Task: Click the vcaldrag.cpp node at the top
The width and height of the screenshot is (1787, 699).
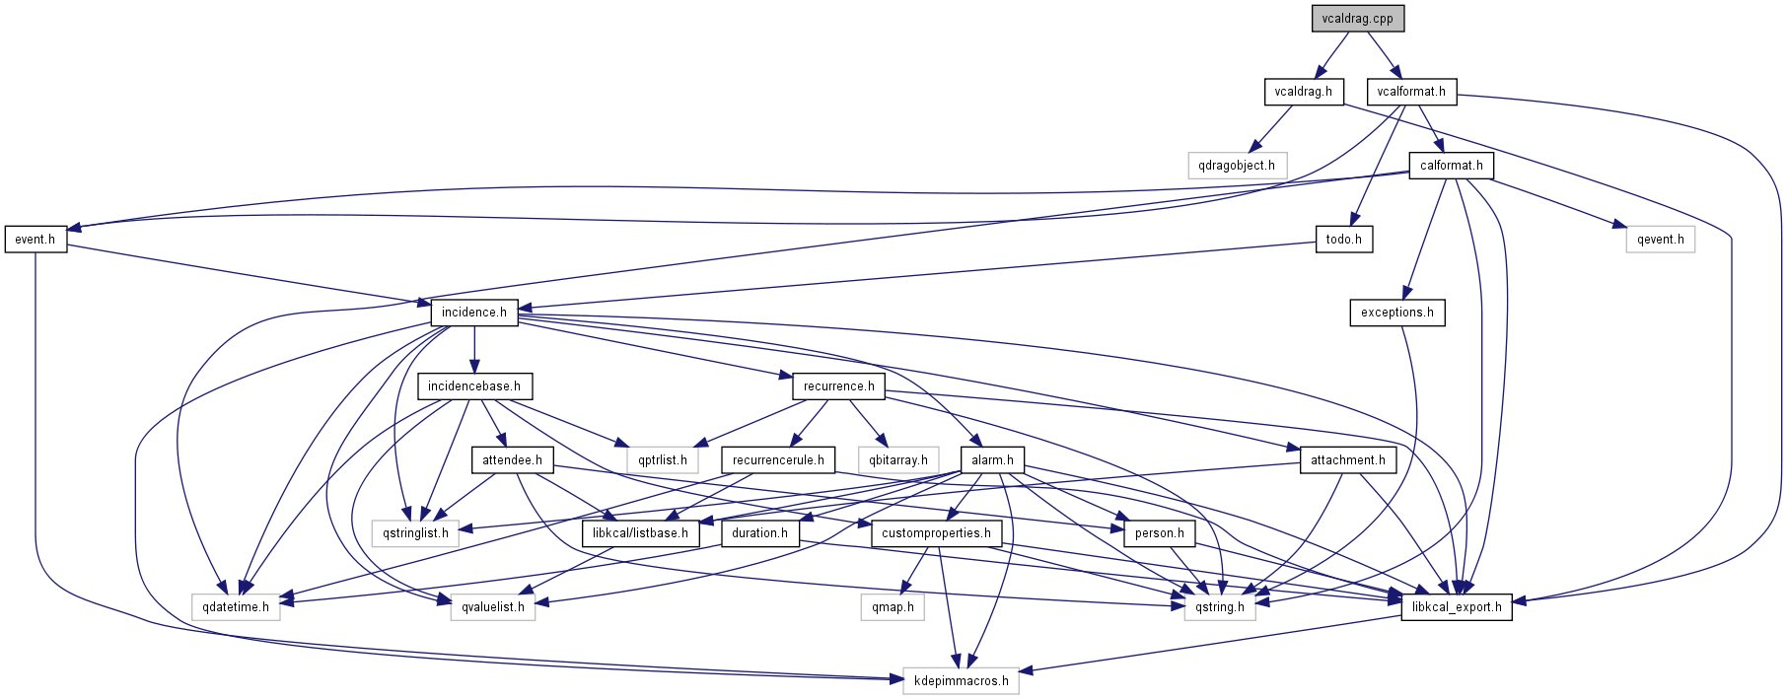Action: click(1357, 19)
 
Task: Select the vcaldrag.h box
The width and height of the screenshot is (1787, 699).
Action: click(1303, 92)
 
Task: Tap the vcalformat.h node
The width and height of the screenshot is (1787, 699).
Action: click(1411, 92)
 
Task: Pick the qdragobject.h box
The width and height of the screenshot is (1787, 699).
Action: click(1237, 166)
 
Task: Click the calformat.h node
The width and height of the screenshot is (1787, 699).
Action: click(1451, 166)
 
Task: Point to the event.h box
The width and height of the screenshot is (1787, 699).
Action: click(36, 240)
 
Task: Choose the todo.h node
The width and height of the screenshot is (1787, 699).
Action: click(1343, 240)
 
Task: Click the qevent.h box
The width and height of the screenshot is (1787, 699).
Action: click(1661, 240)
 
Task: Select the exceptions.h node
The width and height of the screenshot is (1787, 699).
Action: click(1396, 313)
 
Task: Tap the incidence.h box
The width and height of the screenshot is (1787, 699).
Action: click(474, 313)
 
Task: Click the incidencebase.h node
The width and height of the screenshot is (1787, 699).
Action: click(474, 386)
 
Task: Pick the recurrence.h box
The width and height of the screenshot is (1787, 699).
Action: click(838, 386)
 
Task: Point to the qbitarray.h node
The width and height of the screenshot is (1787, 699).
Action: click(897, 460)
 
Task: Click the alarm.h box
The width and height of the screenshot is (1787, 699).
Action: click(992, 460)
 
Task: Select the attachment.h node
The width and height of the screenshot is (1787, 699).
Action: click(1347, 460)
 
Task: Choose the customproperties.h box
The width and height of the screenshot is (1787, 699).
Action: click(936, 533)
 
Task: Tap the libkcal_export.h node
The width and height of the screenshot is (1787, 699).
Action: click(1457, 607)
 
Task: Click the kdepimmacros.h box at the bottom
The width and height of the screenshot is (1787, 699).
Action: click(961, 681)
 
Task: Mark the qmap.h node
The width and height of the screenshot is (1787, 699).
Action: click(893, 607)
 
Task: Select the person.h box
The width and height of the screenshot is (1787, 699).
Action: click(1159, 533)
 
